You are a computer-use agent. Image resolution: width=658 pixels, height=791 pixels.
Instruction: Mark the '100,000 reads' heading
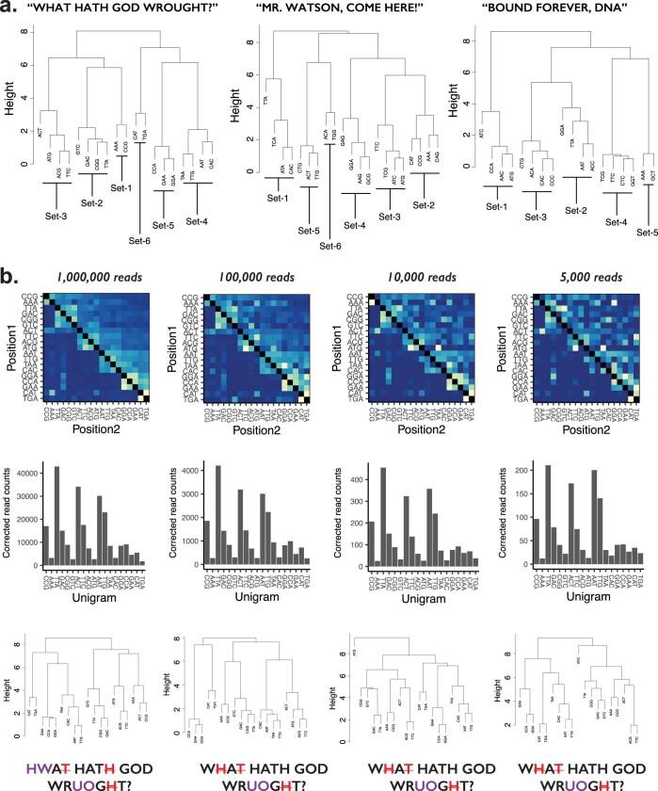pyautogui.click(x=256, y=280)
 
